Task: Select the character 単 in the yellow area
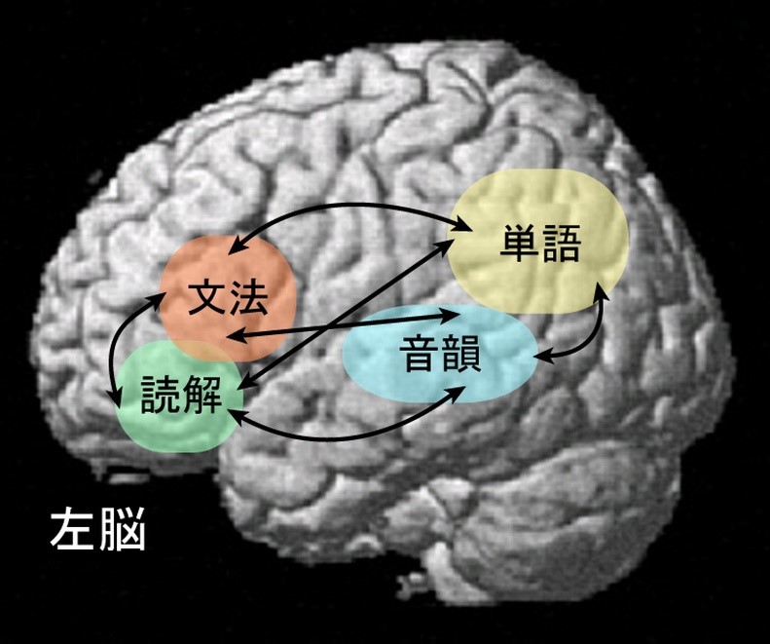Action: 520,245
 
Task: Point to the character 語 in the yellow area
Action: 562,245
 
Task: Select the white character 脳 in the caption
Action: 122,532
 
